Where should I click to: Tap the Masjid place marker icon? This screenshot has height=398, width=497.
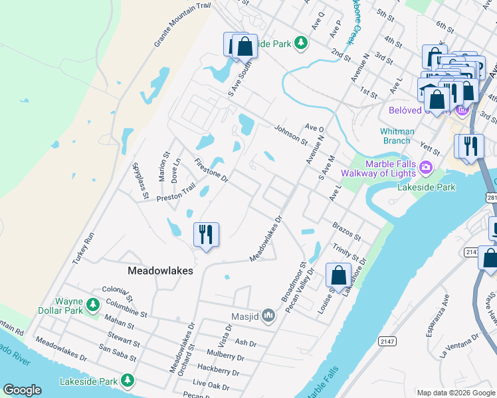tap(268, 315)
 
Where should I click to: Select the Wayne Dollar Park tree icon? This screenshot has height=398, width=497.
tap(94, 304)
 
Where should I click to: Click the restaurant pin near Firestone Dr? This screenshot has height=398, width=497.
tap(206, 235)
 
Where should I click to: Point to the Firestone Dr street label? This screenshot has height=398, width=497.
tap(211, 170)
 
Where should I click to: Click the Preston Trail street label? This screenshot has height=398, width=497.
tap(176, 193)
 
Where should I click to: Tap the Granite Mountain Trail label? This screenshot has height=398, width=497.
tap(182, 25)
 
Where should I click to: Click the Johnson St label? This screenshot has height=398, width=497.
tap(291, 133)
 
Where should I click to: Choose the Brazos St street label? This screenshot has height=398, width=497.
tap(346, 232)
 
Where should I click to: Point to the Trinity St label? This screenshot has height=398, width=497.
tap(346, 252)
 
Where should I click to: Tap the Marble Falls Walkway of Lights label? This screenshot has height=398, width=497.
tap(378, 168)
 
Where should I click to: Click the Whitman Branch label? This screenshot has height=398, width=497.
tap(397, 136)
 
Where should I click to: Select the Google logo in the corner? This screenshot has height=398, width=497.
tap(22, 390)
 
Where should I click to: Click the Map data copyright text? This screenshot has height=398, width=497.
tap(456, 393)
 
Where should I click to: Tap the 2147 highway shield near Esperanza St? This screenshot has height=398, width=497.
tap(387, 341)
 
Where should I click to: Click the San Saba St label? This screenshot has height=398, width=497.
tap(117, 353)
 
